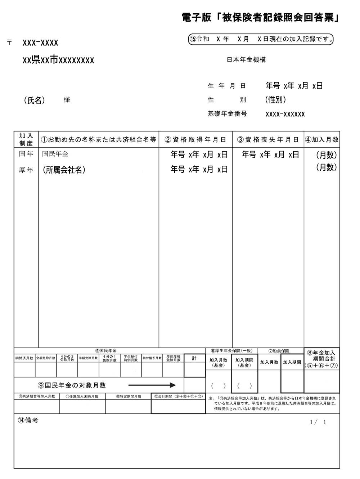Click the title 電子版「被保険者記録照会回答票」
(x=261, y=18)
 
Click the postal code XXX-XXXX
(x=40, y=43)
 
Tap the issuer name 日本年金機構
(x=246, y=60)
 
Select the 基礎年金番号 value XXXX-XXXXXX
(x=285, y=114)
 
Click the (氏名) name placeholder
(x=35, y=100)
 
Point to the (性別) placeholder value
(x=275, y=99)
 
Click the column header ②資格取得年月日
(x=195, y=140)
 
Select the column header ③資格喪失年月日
(x=268, y=140)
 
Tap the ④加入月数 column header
(x=321, y=140)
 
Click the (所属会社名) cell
(x=64, y=170)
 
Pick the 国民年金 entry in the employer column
(x=55, y=154)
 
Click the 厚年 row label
(x=26, y=170)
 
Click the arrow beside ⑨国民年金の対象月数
(x=152, y=385)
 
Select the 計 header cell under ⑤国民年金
(x=194, y=358)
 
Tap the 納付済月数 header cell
(x=24, y=358)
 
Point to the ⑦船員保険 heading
(x=279, y=350)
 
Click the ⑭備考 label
(x=28, y=420)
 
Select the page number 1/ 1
(x=318, y=422)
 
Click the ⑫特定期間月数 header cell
(x=128, y=396)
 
